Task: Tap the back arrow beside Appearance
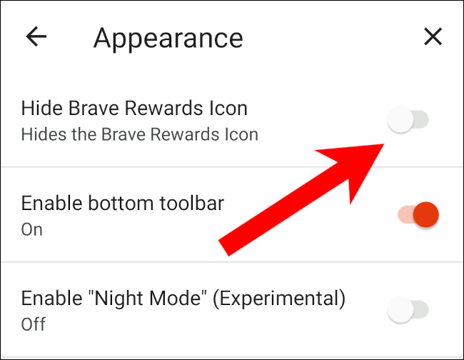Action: pos(36,36)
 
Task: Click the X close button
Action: pos(433,36)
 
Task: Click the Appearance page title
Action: pos(168,39)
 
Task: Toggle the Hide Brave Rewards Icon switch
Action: pos(408,119)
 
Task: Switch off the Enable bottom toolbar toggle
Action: pos(418,214)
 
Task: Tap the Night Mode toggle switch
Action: pos(408,310)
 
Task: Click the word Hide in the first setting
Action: pos(42,108)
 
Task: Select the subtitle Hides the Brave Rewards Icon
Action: pos(140,134)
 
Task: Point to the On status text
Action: pos(32,229)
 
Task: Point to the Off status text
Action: pos(34,324)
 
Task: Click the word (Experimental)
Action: pos(279,299)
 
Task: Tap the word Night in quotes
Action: pos(118,298)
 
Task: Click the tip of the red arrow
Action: pos(384,144)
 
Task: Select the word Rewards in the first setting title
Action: pos(163,108)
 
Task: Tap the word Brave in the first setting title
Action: pos(94,108)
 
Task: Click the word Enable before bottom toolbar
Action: pos(52,204)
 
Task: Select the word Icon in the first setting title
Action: pos(228,108)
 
